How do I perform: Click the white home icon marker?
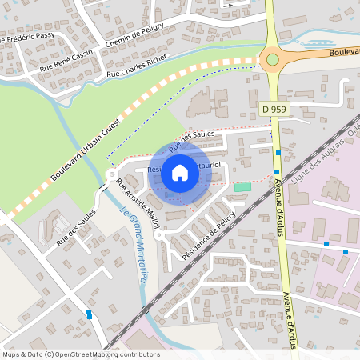pyautogui.click(x=180, y=172)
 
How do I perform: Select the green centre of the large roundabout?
pyautogui.click(x=273, y=58)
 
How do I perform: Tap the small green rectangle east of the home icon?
pyautogui.click(x=242, y=186)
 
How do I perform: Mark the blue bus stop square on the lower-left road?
pyautogui.click(x=89, y=315)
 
